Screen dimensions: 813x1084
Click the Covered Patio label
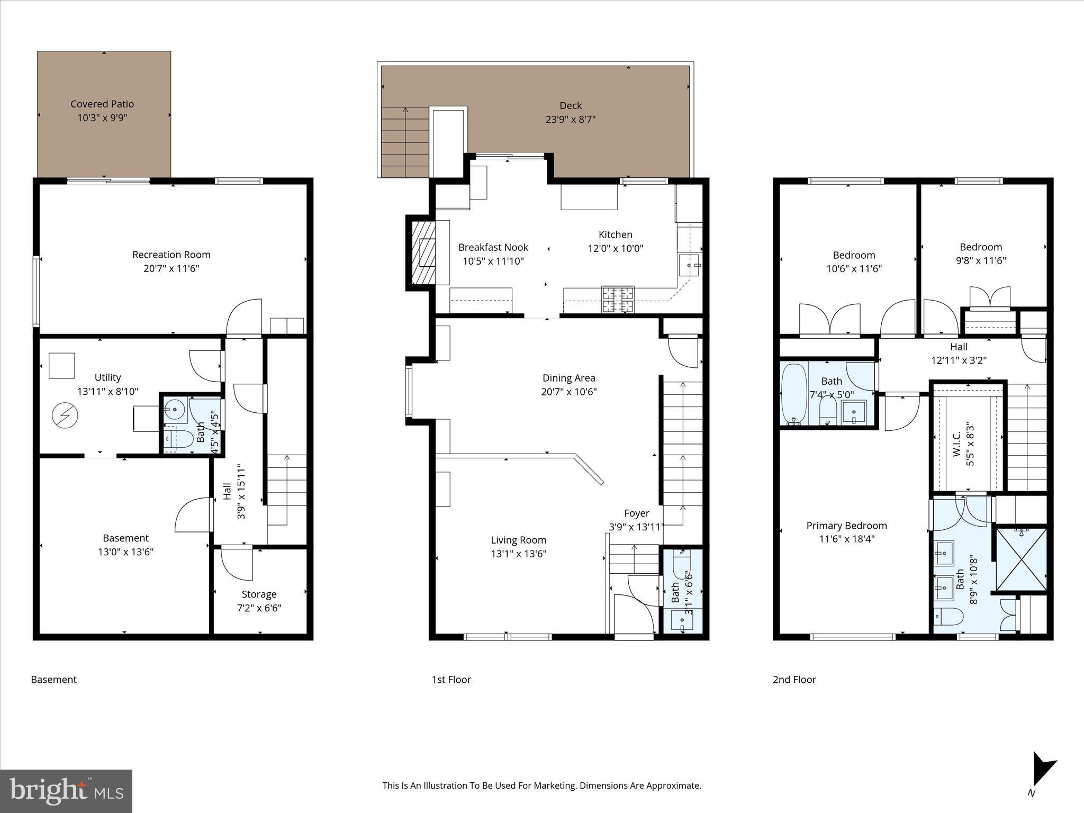102,104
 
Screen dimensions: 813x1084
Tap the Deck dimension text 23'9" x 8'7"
570,120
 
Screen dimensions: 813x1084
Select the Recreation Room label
171,255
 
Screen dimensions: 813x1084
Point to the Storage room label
259,594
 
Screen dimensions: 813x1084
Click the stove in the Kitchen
618,299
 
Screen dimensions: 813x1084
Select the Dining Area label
568,378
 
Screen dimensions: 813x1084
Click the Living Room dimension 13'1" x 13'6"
518,554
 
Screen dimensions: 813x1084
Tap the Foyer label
636,513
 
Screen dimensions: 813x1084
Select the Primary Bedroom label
846,526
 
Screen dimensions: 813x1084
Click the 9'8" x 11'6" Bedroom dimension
980,260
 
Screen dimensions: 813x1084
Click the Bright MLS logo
66,791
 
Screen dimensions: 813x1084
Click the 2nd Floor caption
794,680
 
